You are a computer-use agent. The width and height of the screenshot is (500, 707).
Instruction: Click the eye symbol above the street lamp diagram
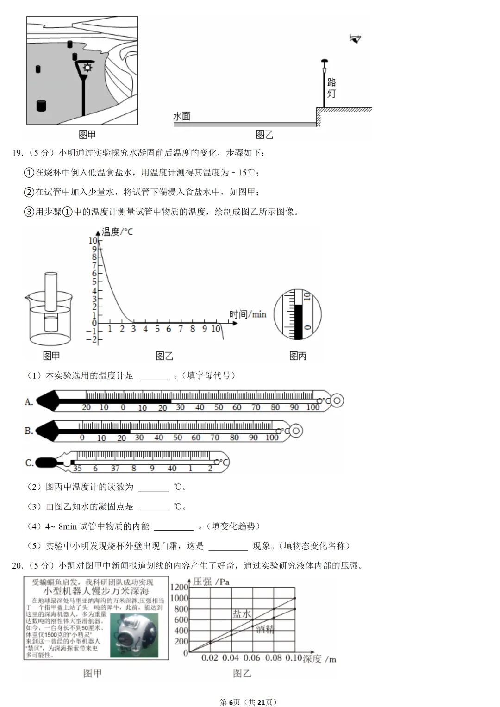355,39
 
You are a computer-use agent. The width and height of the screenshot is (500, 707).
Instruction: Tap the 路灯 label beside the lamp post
331,88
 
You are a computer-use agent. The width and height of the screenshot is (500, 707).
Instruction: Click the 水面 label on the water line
182,116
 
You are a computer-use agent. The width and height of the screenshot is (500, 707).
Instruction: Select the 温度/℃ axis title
117,231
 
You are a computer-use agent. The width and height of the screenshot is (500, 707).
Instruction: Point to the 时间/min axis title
248,314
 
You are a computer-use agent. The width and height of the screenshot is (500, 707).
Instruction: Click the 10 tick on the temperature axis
93,240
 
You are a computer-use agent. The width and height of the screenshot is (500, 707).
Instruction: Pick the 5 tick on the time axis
157,329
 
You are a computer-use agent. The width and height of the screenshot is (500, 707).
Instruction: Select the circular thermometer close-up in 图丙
297,315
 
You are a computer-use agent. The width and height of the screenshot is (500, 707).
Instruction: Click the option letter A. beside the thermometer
29,402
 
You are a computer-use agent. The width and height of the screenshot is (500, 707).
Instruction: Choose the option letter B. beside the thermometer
29,431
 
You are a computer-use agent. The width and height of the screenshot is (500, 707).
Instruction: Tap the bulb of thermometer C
45,462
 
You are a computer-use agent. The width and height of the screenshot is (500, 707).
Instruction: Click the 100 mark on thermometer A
313,407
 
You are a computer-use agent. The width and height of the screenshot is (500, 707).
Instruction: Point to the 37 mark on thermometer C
115,469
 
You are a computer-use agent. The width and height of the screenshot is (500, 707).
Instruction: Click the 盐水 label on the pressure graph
242,613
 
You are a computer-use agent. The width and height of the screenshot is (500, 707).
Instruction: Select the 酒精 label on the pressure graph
265,629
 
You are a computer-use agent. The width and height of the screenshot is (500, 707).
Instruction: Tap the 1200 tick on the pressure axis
179,587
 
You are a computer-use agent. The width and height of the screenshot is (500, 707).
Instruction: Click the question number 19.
17,153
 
